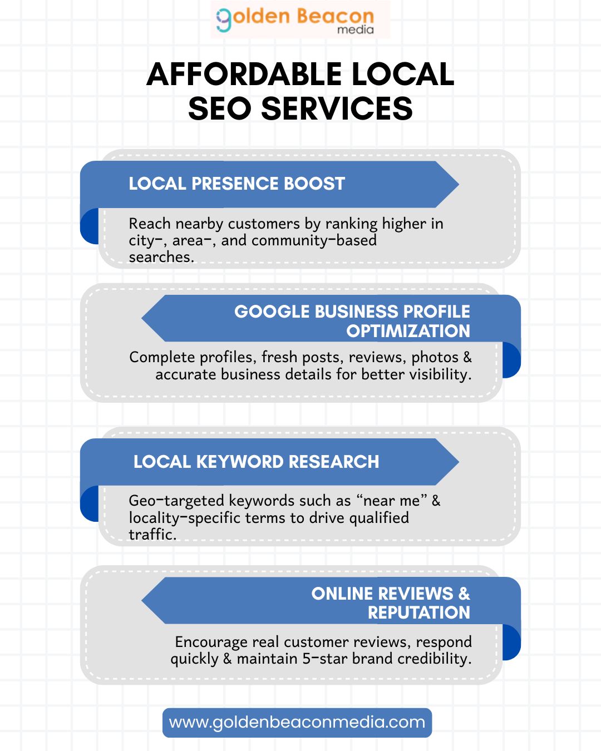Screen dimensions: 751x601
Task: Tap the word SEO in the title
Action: (219, 108)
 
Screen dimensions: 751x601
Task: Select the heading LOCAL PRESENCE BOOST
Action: (237, 184)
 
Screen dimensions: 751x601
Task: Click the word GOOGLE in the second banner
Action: (272, 312)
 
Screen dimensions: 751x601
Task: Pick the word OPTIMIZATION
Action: (408, 331)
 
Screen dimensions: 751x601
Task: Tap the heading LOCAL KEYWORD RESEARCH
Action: (256, 462)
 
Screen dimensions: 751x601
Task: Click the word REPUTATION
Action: (418, 612)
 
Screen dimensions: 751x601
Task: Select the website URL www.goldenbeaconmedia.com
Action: (297, 722)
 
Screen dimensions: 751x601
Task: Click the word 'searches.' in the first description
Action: (161, 257)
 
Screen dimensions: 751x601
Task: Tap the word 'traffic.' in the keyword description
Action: (152, 535)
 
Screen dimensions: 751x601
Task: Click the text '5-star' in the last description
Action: (324, 659)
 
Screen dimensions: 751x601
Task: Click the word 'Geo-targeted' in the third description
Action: (176, 501)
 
